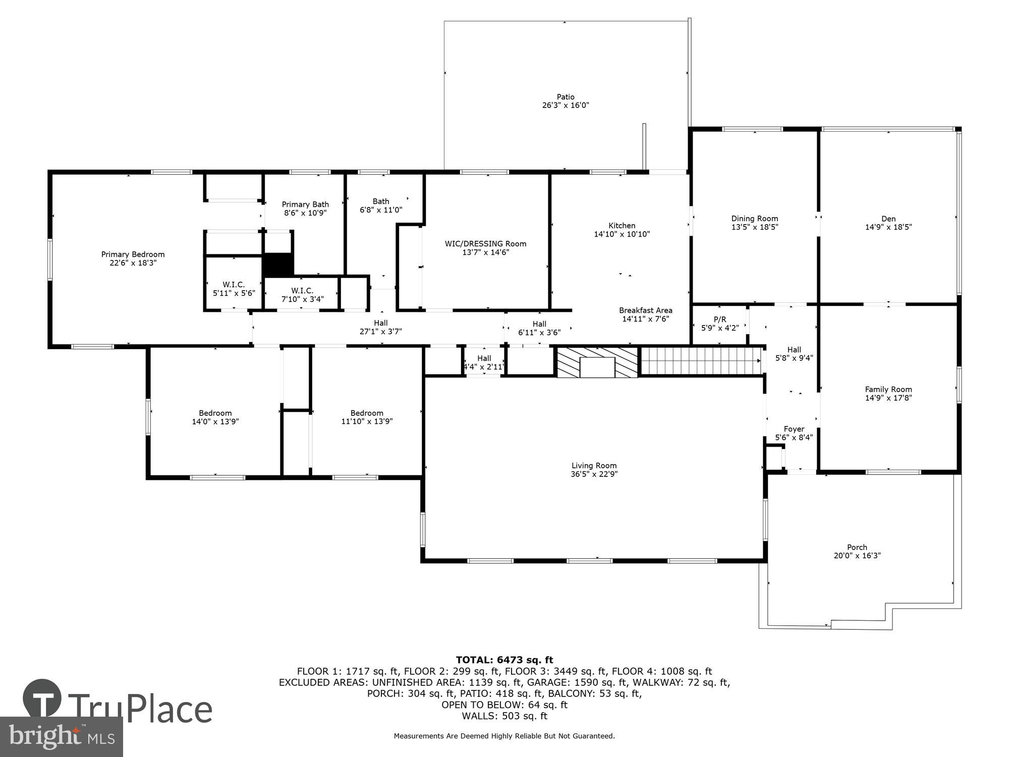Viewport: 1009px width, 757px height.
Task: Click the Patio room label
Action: (x=565, y=97)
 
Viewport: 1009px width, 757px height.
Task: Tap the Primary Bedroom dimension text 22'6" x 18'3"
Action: (x=133, y=263)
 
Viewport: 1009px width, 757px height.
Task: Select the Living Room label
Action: (x=594, y=465)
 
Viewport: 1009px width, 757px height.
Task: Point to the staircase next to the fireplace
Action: (x=700, y=360)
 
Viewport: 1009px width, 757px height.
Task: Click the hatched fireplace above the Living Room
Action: (x=597, y=362)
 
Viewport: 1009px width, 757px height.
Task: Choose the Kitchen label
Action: (x=622, y=226)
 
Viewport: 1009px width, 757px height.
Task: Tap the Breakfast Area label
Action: (x=645, y=310)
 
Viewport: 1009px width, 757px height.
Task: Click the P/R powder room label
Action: (x=719, y=319)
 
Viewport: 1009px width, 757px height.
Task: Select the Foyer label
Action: (x=794, y=429)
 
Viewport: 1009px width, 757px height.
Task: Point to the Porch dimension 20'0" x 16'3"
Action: (x=857, y=556)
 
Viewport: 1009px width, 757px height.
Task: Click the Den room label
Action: (x=888, y=219)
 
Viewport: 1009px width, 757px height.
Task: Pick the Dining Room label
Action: (x=754, y=219)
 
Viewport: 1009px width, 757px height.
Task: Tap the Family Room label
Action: (x=888, y=389)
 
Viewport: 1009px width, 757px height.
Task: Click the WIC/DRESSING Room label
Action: (x=485, y=244)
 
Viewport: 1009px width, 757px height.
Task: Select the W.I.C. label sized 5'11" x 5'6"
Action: (x=234, y=285)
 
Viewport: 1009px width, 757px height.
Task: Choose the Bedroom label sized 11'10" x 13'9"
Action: (x=367, y=413)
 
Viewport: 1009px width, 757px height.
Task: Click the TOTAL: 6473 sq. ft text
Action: (x=504, y=660)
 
